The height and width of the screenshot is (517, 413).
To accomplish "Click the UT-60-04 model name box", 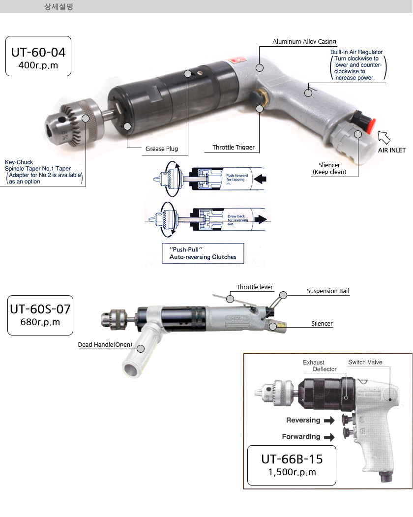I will (x=38, y=56).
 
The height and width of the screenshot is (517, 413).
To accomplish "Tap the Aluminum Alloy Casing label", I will (x=304, y=42).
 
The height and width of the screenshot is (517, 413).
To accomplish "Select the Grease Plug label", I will (x=161, y=149).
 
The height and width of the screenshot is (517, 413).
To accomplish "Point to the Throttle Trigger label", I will (x=234, y=148).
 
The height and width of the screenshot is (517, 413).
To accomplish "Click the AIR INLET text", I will (x=391, y=150).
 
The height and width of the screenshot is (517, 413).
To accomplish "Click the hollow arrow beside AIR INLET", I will (x=384, y=137).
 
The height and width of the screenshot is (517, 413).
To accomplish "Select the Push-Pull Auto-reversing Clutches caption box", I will (x=203, y=253).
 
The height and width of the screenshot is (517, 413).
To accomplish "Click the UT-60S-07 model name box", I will (x=40, y=315).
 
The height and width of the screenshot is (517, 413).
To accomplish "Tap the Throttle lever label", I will (x=254, y=287).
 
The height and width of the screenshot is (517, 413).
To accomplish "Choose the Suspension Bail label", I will (x=327, y=291).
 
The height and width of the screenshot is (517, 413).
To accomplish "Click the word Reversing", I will (x=303, y=420).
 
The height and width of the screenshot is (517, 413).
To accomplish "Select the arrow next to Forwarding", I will (x=329, y=436).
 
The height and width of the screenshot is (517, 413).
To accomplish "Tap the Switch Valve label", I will (x=365, y=363).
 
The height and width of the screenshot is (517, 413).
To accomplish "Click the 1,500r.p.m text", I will (x=292, y=472).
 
